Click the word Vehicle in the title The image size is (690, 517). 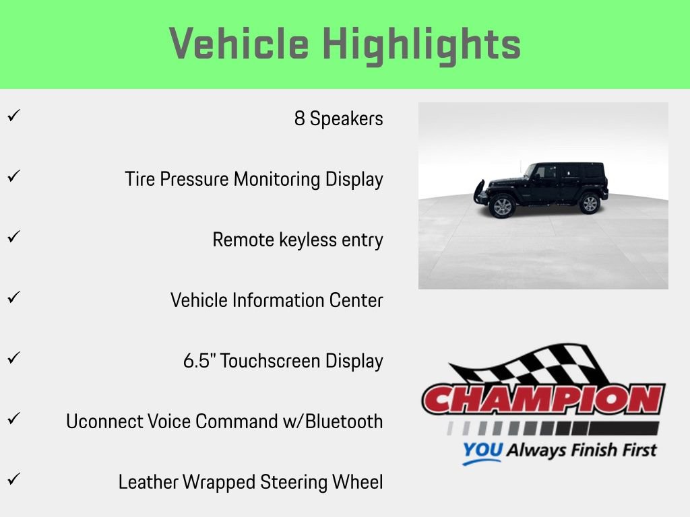click(x=240, y=44)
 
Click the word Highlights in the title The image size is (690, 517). click(x=422, y=44)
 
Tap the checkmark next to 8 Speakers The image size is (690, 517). click(x=12, y=116)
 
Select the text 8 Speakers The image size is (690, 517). click(x=338, y=118)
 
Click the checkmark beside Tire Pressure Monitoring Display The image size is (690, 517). click(x=12, y=176)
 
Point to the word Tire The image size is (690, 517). click(x=139, y=179)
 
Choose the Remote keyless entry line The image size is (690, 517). click(x=297, y=240)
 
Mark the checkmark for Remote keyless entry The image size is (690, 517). click(x=12, y=237)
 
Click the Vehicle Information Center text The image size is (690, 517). click(x=276, y=300)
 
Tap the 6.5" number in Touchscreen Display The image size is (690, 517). click(x=199, y=361)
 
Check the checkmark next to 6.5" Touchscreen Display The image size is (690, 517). click(x=12, y=358)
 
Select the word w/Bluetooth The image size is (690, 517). click(x=344, y=421)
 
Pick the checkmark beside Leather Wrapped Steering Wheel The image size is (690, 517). click(x=12, y=479)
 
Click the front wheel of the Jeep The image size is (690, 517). click(x=502, y=206)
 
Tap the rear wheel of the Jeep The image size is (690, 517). click(x=590, y=203)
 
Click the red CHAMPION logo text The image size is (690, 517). click(x=543, y=399)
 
